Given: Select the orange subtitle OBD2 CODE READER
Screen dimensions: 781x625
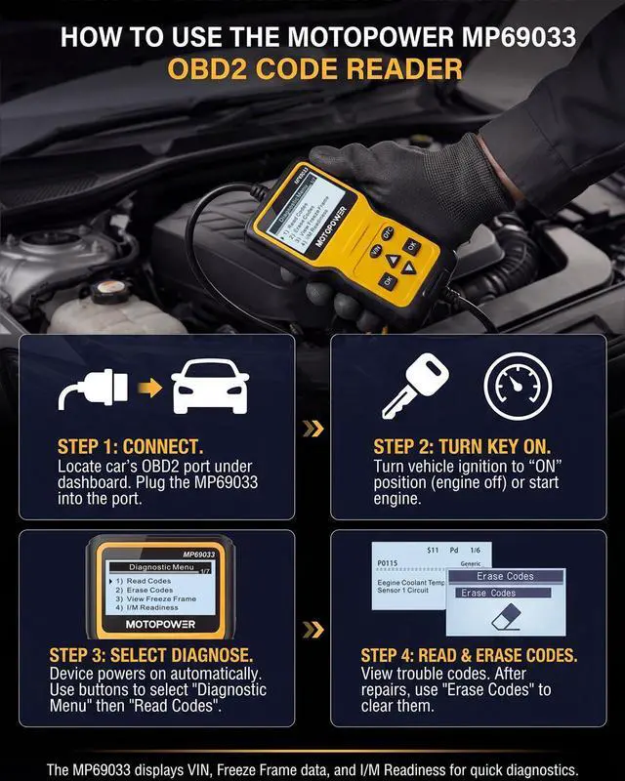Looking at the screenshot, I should tap(312, 70).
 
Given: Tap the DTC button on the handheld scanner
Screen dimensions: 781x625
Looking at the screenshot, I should tap(387, 231).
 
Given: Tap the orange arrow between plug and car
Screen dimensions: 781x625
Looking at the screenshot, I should tap(148, 391).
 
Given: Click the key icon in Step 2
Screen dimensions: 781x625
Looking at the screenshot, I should tap(413, 389).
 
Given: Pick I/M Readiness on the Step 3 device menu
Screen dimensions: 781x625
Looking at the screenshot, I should tap(148, 607).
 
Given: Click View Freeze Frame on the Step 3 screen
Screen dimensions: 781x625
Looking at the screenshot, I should tap(155, 598).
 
